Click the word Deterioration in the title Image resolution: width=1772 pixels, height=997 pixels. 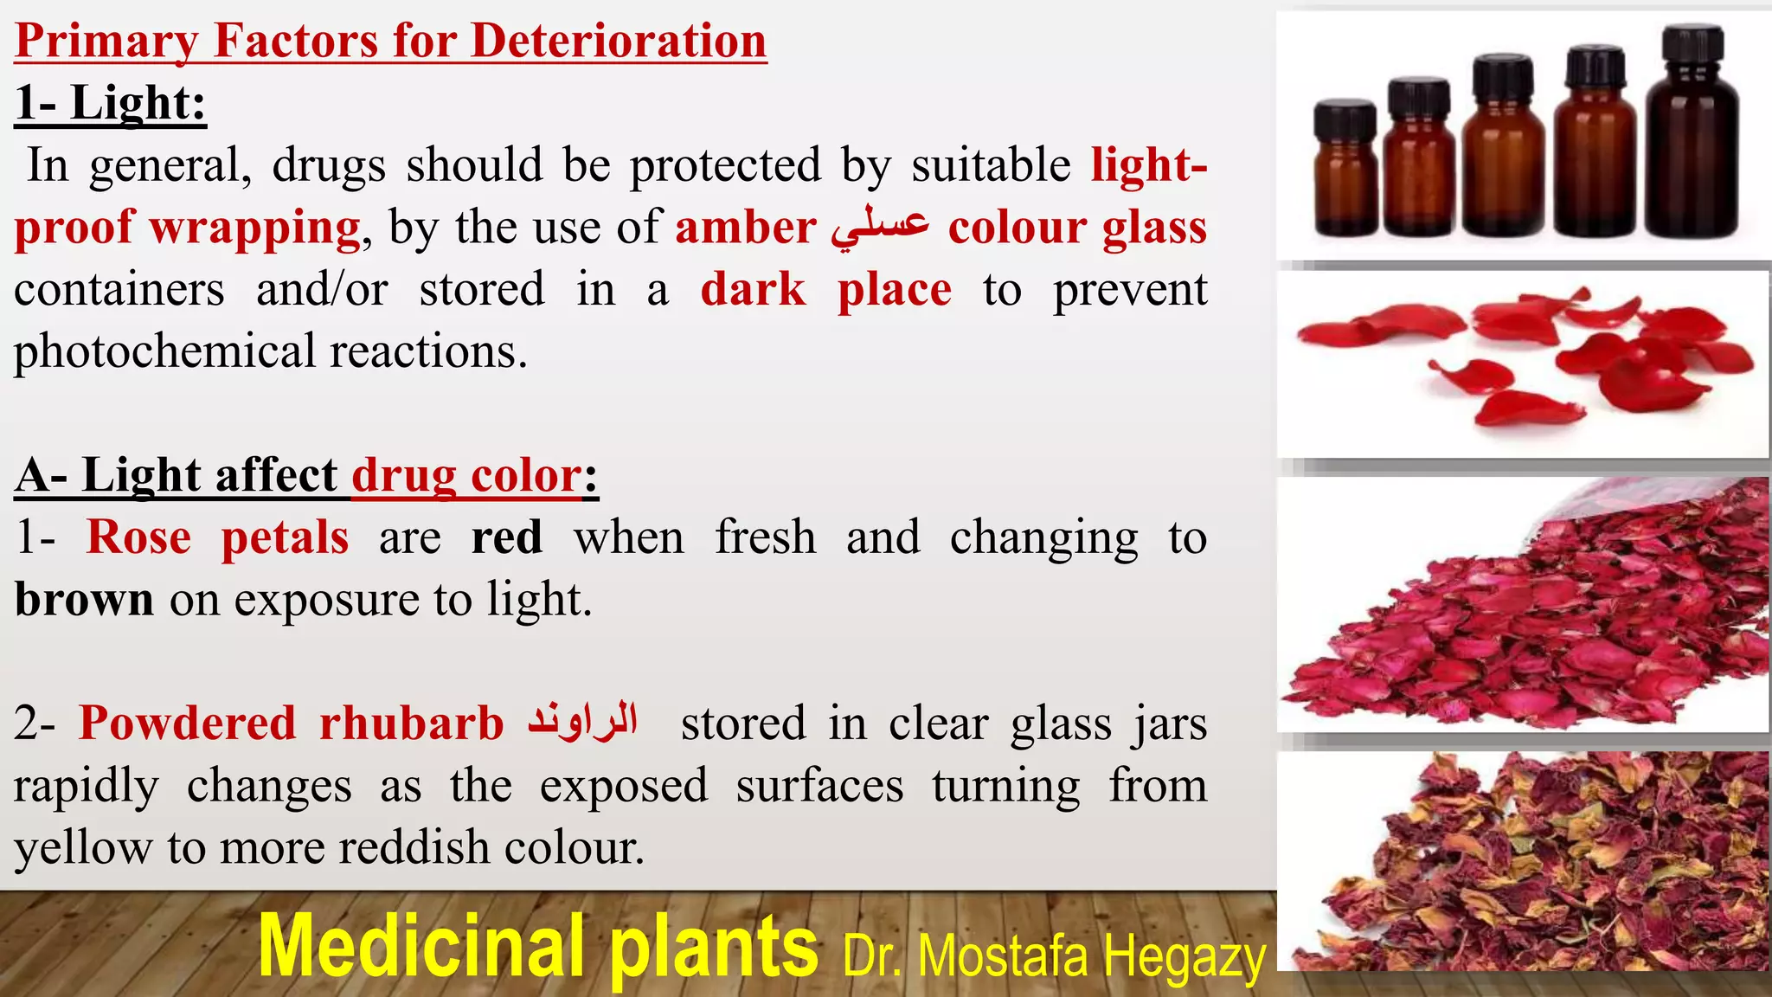(x=619, y=41)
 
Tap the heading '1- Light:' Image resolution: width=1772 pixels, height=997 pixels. (x=111, y=103)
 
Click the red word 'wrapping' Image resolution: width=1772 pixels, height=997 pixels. (x=255, y=228)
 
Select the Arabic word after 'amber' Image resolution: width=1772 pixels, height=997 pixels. (x=881, y=228)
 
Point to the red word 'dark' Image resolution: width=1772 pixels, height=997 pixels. (x=753, y=289)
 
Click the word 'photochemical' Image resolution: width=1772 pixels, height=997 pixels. (x=165, y=351)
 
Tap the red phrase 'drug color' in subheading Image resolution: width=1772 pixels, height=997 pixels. (x=465, y=475)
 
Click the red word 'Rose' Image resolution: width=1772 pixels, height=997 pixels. (x=138, y=537)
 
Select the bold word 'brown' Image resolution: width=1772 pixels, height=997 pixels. (x=84, y=599)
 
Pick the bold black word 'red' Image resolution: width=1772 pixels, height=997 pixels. (x=507, y=537)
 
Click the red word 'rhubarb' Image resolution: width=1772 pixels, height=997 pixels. (x=411, y=724)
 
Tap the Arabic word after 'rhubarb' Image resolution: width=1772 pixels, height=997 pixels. (x=583, y=722)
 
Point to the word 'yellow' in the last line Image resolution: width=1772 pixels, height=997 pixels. (x=83, y=847)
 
